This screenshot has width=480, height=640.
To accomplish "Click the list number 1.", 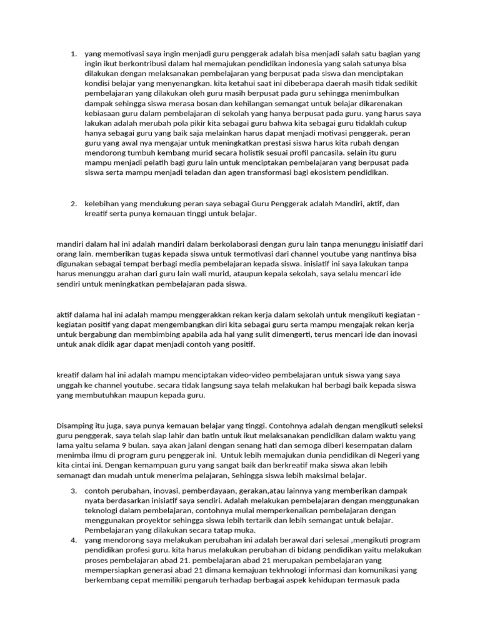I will point(73,54).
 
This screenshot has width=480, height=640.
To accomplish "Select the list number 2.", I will point(73,204).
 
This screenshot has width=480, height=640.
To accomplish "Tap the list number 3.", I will point(73,491).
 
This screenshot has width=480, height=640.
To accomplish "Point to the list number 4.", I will point(73,540).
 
